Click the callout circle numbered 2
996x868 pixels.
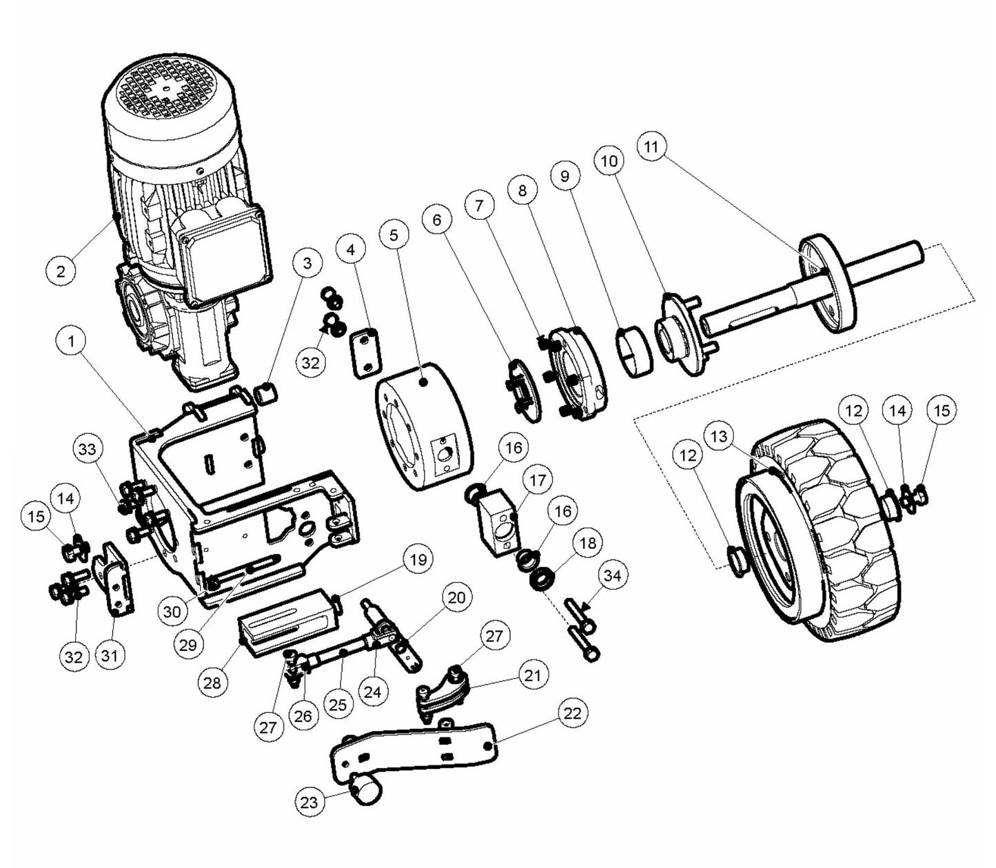(61, 270)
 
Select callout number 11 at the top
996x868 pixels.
(652, 147)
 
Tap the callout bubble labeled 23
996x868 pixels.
(310, 802)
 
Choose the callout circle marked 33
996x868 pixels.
(88, 450)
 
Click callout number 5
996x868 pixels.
(394, 235)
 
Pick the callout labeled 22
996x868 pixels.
(572, 713)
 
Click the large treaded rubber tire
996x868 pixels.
(806, 530)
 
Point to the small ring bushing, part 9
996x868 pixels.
(632, 353)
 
